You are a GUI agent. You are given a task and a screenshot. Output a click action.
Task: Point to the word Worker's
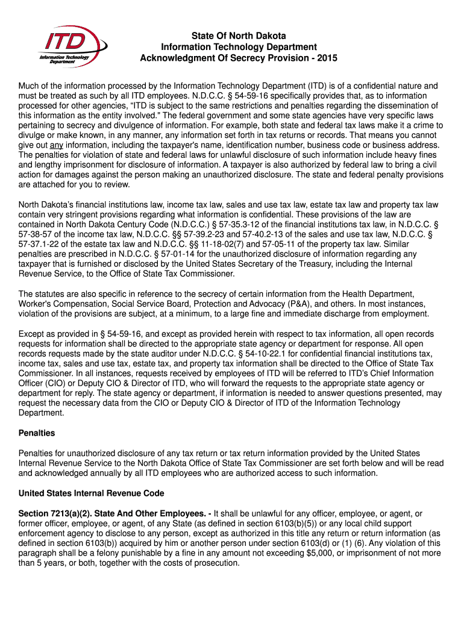tap(36, 303)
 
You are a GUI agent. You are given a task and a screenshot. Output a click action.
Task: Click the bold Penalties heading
tap(37, 433)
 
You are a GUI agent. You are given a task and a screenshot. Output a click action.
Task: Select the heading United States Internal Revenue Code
tap(91, 492)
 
